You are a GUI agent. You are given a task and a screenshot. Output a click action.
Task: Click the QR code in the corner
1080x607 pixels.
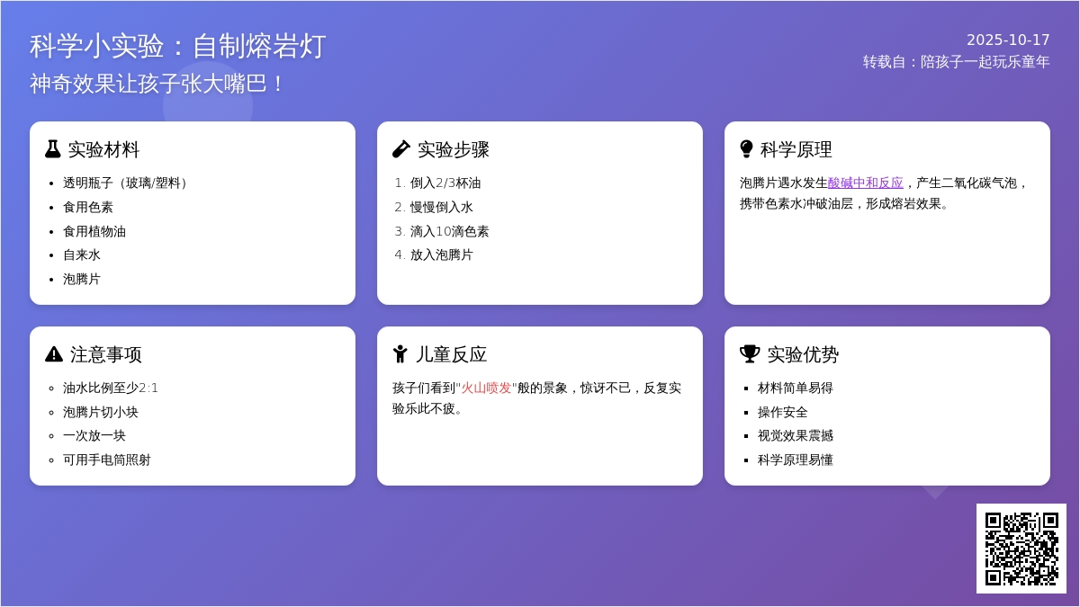click(x=1021, y=549)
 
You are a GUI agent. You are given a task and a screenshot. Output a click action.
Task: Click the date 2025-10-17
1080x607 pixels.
click(x=1008, y=40)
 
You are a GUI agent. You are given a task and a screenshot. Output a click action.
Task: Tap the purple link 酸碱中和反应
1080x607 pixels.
click(x=865, y=183)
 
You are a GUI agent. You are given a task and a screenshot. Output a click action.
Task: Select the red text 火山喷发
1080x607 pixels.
click(x=486, y=388)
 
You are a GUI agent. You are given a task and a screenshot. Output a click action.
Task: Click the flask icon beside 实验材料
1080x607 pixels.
click(x=53, y=149)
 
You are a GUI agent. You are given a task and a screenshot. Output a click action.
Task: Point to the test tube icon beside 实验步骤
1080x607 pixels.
click(x=401, y=149)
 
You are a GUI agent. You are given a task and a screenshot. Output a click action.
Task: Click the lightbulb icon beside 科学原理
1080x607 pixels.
click(x=746, y=149)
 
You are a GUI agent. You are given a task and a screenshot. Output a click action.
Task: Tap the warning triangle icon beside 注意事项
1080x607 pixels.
click(x=54, y=354)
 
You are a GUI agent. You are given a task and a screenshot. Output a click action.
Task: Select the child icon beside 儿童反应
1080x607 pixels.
click(x=400, y=354)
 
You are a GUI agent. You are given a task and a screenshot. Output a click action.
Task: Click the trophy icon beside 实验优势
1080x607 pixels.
click(x=750, y=354)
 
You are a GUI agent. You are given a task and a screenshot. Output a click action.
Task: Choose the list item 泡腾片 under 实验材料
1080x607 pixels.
click(x=82, y=279)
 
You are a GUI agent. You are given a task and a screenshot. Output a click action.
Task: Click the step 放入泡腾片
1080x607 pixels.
click(x=441, y=254)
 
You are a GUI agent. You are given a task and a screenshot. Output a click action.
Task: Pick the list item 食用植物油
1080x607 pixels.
click(x=94, y=231)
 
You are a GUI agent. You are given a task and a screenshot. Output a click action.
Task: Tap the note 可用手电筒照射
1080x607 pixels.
click(x=107, y=460)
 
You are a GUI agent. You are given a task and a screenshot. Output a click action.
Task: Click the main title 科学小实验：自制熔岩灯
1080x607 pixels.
click(x=177, y=46)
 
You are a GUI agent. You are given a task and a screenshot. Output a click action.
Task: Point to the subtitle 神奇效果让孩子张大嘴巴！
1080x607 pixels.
click(x=158, y=84)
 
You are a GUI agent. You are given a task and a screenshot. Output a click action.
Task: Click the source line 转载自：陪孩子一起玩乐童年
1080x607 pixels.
click(x=956, y=61)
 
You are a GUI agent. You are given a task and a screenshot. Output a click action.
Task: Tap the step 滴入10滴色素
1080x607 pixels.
click(x=449, y=231)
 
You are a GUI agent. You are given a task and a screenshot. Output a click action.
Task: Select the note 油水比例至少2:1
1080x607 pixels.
click(x=111, y=388)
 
